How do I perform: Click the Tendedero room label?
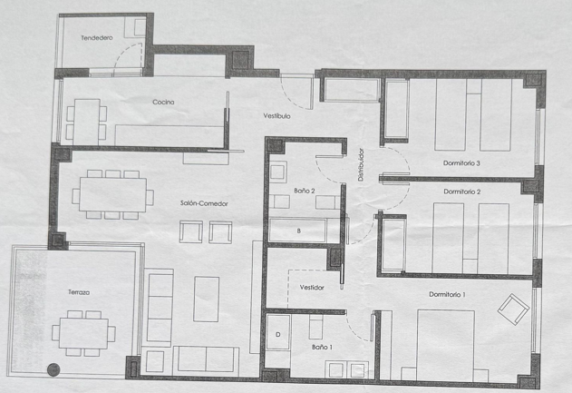pyautogui.click(x=97, y=37)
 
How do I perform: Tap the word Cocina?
pyautogui.click(x=163, y=102)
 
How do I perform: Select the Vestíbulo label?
pyautogui.click(x=276, y=116)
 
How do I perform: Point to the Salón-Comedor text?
pyautogui.click(x=204, y=203)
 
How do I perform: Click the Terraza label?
pyautogui.click(x=79, y=292)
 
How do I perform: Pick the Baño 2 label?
pyautogui.click(x=305, y=191)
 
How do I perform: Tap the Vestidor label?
pyautogui.click(x=312, y=288)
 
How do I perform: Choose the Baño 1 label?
pyautogui.click(x=322, y=347)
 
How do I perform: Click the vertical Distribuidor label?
pyautogui.click(x=361, y=164)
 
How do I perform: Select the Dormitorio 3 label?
pyautogui.click(x=461, y=162)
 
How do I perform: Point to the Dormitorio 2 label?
pyautogui.click(x=461, y=192)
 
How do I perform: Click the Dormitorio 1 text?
pyautogui.click(x=447, y=294)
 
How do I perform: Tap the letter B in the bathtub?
pyautogui.click(x=299, y=231)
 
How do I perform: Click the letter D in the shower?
pyautogui.click(x=278, y=335)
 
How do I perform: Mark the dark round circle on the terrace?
pyautogui.click(x=53, y=369)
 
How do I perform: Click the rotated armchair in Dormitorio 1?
pyautogui.click(x=514, y=309)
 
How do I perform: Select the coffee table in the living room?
pyautogui.click(x=206, y=300)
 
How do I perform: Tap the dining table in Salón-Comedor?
pyautogui.click(x=112, y=194)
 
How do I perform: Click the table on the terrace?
pyautogui.click(x=83, y=333)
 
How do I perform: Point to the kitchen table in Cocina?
pyautogui.click(x=87, y=122)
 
